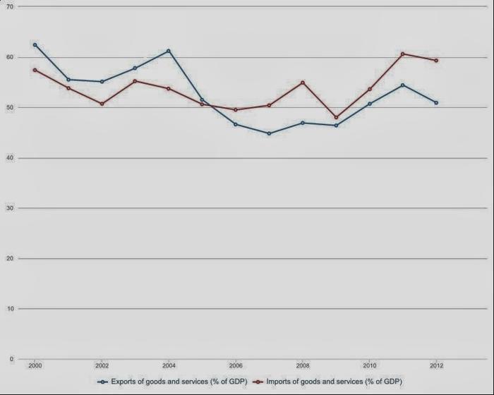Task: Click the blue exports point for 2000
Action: click(x=35, y=44)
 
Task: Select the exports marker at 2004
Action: click(x=168, y=51)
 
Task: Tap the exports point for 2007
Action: click(x=269, y=133)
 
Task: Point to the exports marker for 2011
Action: click(x=403, y=85)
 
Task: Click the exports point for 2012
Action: click(x=436, y=102)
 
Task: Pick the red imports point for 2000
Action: click(x=35, y=70)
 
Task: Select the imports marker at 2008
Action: click(x=302, y=83)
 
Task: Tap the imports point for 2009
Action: click(x=336, y=118)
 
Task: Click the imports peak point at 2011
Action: click(x=403, y=54)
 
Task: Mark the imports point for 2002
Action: click(x=102, y=104)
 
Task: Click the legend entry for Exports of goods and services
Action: click(x=173, y=381)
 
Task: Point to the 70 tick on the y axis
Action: click(x=10, y=7)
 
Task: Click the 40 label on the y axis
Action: click(x=10, y=158)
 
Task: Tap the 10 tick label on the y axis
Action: click(x=10, y=309)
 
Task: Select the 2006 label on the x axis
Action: click(x=235, y=366)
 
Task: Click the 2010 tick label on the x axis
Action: click(x=369, y=366)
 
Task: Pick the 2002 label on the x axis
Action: click(x=102, y=366)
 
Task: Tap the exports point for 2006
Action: click(x=235, y=124)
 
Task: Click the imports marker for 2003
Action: click(x=135, y=81)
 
